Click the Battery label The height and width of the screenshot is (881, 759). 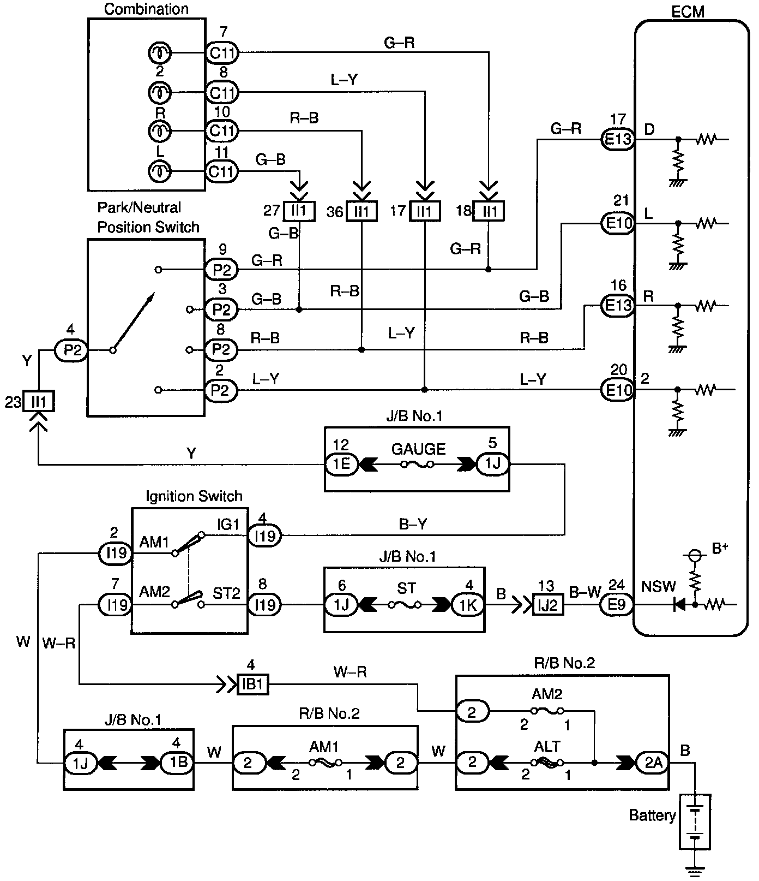click(652, 815)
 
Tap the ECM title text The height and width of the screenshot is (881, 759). click(688, 11)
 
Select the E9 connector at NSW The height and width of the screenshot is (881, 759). click(617, 605)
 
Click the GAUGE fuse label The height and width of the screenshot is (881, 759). click(419, 449)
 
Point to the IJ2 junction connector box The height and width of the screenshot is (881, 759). click(548, 605)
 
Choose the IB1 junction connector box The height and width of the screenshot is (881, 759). click(252, 684)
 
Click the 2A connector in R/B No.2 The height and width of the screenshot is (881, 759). click(653, 763)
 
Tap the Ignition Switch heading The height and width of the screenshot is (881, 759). click(194, 496)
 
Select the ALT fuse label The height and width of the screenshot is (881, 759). click(547, 746)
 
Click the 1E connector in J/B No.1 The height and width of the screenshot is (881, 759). click(341, 464)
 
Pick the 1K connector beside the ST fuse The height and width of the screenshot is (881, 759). click(468, 605)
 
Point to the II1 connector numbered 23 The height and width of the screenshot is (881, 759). click(39, 403)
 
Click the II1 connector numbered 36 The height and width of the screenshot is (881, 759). click(362, 211)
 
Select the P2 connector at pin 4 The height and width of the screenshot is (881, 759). click(71, 350)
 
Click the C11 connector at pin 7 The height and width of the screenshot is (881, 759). click(222, 53)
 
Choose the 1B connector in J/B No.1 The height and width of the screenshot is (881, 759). click(177, 763)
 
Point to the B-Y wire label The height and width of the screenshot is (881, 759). click(413, 525)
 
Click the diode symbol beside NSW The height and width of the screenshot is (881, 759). click(679, 605)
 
